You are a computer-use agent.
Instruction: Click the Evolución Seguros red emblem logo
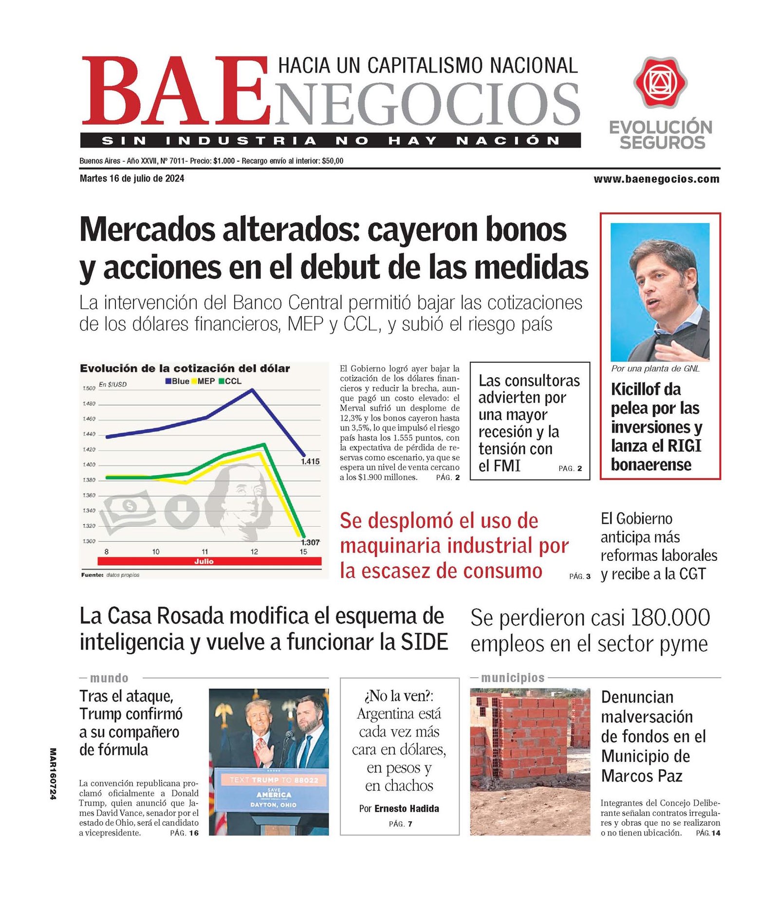click(660, 82)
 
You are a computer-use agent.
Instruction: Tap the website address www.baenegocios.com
click(656, 179)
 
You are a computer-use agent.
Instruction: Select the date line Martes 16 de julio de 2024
click(132, 179)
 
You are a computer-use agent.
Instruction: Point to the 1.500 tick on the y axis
click(89, 389)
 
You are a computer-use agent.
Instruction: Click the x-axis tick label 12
click(254, 552)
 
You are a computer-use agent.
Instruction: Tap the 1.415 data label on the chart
click(310, 461)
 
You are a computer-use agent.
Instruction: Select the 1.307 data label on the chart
click(310, 542)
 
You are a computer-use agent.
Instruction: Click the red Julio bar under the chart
click(204, 561)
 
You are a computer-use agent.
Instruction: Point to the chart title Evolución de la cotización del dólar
click(185, 369)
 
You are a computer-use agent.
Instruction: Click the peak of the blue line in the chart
click(252, 390)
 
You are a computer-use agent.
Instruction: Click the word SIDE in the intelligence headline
click(424, 642)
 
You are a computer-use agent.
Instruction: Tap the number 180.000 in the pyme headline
click(670, 618)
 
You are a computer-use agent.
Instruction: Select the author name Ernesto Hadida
click(407, 809)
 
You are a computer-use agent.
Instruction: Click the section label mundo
click(109, 678)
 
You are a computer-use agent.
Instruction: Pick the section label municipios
click(513, 678)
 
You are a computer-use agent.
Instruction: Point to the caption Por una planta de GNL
click(655, 369)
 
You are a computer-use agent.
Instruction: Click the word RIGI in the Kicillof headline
click(684, 446)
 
